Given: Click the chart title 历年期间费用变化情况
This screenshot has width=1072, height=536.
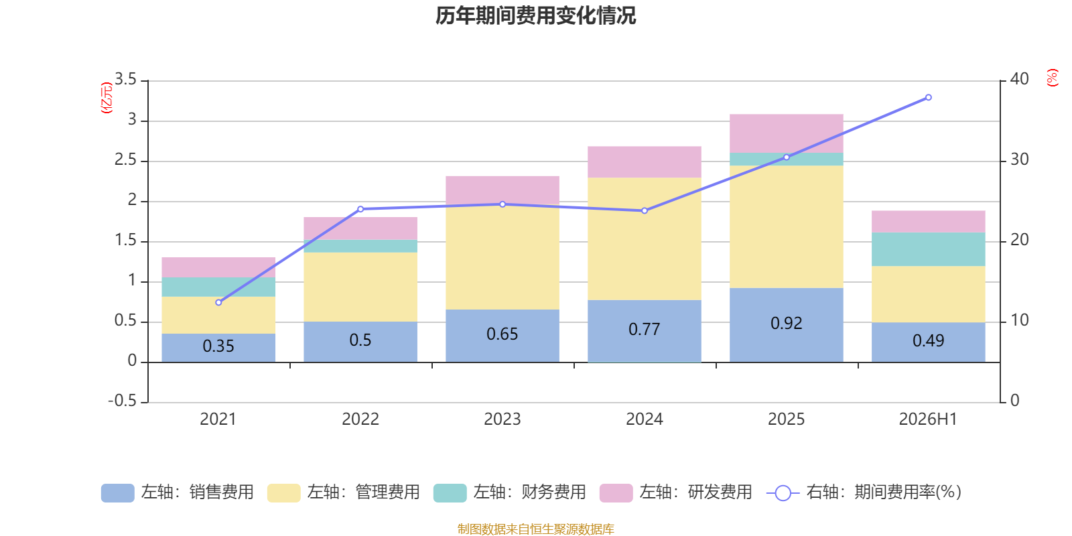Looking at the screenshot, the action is pyautogui.click(x=535, y=16).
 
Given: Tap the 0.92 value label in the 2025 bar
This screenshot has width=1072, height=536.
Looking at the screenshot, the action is pyautogui.click(x=787, y=324).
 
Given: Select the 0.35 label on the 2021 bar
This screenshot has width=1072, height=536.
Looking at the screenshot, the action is pyautogui.click(x=218, y=346).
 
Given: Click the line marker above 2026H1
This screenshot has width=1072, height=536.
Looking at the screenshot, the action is pyautogui.click(x=929, y=98).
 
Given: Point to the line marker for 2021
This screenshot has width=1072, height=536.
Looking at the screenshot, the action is pyautogui.click(x=218, y=302).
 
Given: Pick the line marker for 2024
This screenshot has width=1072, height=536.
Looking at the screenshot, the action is pyautogui.click(x=645, y=210).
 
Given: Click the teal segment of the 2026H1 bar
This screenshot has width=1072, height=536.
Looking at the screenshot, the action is pyautogui.click(x=929, y=249).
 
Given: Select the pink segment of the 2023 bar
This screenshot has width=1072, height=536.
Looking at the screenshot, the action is pyautogui.click(x=503, y=190).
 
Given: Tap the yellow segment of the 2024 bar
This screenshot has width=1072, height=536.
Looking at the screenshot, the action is pyautogui.click(x=645, y=239).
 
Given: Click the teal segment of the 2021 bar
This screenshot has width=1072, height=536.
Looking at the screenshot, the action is pyautogui.click(x=218, y=287).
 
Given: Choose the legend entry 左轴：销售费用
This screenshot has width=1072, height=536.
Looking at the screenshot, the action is pyautogui.click(x=178, y=492).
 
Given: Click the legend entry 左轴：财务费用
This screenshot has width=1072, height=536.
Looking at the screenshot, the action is pyautogui.click(x=510, y=492).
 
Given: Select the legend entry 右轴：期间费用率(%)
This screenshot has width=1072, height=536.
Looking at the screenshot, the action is pyautogui.click(x=864, y=492).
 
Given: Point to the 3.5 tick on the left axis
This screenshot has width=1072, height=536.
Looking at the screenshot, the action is pyautogui.click(x=125, y=80).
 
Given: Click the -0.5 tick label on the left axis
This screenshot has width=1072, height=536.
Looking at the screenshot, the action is pyautogui.click(x=122, y=401).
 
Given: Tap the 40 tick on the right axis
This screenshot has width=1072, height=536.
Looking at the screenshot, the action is pyautogui.click(x=1019, y=80).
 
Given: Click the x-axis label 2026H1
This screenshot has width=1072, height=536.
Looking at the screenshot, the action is pyautogui.click(x=928, y=419).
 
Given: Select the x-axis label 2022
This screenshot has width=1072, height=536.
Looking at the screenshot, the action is pyautogui.click(x=360, y=419).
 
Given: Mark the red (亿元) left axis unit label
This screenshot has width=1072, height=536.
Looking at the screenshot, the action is pyautogui.click(x=107, y=98).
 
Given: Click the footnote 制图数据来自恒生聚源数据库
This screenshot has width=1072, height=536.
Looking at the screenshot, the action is pyautogui.click(x=535, y=529).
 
